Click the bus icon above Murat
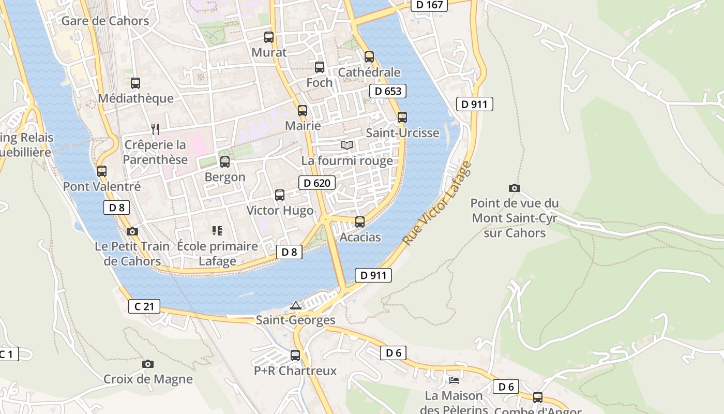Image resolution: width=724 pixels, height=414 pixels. pyautogui.click(x=268, y=37)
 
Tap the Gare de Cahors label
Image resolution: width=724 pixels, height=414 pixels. pyautogui.click(x=105, y=21)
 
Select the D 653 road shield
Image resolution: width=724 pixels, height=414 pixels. pyautogui.click(x=387, y=92)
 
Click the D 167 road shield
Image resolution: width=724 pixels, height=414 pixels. pyautogui.click(x=429, y=5)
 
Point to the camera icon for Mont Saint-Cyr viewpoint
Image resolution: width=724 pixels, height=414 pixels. pyautogui.click(x=514, y=188)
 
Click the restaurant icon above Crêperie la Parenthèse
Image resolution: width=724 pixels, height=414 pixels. pyautogui.click(x=155, y=129)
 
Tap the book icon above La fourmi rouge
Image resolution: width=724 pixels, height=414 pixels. pyautogui.click(x=347, y=145)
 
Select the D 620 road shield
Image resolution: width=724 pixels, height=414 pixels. pyautogui.click(x=316, y=183)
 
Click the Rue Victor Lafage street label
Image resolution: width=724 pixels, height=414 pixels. pyautogui.click(x=438, y=204)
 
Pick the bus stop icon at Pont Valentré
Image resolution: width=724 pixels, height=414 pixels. pyautogui.click(x=102, y=171)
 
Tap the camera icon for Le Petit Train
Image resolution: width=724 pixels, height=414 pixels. pyautogui.click(x=132, y=231)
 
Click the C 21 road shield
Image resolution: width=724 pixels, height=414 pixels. pyautogui.click(x=144, y=306)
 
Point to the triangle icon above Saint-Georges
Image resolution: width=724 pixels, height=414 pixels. pyautogui.click(x=295, y=305)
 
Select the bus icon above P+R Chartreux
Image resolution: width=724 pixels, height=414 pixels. pyautogui.click(x=295, y=356)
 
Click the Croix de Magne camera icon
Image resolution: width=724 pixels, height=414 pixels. pyautogui.click(x=148, y=364)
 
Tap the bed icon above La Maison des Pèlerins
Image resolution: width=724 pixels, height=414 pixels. pyautogui.click(x=454, y=380)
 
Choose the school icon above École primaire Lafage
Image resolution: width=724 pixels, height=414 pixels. pyautogui.click(x=217, y=231)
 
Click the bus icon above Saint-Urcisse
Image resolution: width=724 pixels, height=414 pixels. pyautogui.click(x=402, y=117)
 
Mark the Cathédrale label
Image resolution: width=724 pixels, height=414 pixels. pyautogui.click(x=369, y=72)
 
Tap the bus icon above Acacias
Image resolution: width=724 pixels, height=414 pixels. pyautogui.click(x=360, y=222)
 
